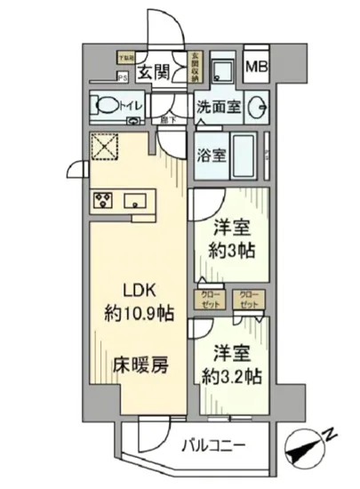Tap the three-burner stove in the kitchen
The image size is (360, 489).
coord(100,199)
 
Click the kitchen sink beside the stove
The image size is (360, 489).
coord(135,199)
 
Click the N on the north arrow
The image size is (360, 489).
coord(331,435)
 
